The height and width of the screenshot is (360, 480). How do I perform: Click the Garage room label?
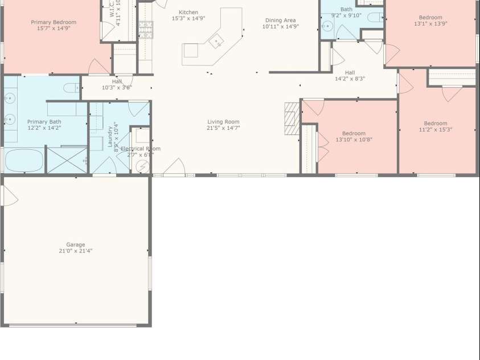(x=75, y=244)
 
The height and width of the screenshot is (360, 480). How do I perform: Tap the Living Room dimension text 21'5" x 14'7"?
(x=223, y=128)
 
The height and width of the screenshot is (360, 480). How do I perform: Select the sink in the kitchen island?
(x=216, y=41)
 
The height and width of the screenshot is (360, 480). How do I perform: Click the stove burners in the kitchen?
(x=146, y=29)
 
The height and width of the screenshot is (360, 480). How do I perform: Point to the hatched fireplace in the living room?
(x=292, y=118)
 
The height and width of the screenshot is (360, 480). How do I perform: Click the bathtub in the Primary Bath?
(x=24, y=160)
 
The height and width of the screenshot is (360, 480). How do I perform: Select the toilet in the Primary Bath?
(x=71, y=88)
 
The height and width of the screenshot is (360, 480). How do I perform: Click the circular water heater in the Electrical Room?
(x=142, y=165)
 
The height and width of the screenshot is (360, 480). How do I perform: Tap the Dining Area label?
(x=280, y=21)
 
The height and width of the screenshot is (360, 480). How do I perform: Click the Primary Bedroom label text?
(x=53, y=22)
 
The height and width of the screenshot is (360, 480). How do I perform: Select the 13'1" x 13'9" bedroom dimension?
(x=430, y=24)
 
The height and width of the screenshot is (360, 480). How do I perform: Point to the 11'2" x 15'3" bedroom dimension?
(x=436, y=130)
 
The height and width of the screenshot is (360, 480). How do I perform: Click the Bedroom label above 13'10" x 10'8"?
(x=354, y=133)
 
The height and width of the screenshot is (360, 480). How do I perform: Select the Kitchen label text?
(x=188, y=12)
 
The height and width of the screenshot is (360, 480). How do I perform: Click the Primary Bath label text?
(x=44, y=121)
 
